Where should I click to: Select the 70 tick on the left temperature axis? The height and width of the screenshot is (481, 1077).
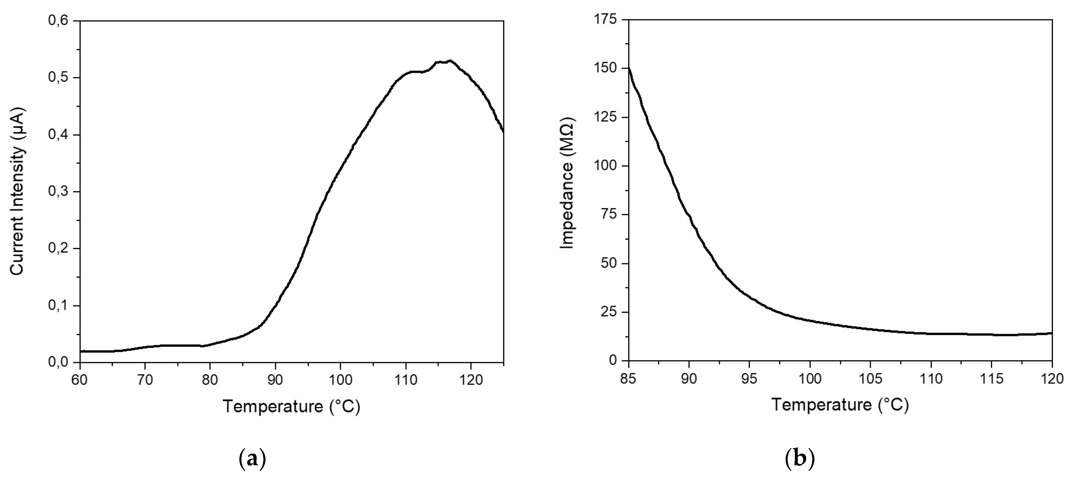click(x=145, y=380)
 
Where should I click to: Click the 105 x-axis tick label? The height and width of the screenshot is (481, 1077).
click(x=871, y=379)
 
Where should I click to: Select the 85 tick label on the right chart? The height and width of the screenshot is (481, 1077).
click(x=628, y=379)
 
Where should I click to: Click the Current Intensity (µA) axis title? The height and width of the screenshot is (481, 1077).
click(x=18, y=192)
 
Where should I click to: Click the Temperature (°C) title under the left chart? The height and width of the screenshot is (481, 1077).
click(x=291, y=406)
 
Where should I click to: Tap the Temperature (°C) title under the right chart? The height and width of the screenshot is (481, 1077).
click(x=840, y=405)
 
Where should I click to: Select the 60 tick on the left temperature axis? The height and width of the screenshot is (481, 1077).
click(x=80, y=380)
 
